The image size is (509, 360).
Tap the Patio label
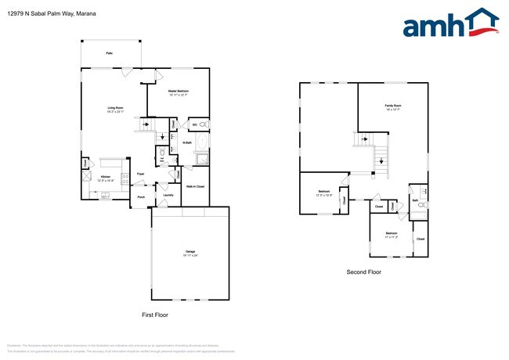pyautogui.click(x=109, y=53)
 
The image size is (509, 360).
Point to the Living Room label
pyautogui.click(x=115, y=109)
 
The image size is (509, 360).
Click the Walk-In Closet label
pyautogui.click(x=195, y=186)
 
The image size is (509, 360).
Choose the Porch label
pyautogui.click(x=141, y=196)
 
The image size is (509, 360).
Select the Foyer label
pyautogui.click(x=141, y=173)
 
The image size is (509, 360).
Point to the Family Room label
pyautogui.click(x=392, y=106)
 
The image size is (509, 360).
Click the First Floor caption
pyautogui.click(x=155, y=315)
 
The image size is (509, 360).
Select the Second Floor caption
pyautogui.click(x=363, y=272)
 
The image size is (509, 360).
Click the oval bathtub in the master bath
pyautogui.click(x=202, y=142)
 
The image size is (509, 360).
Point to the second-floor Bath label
pyautogui.click(x=415, y=200)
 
